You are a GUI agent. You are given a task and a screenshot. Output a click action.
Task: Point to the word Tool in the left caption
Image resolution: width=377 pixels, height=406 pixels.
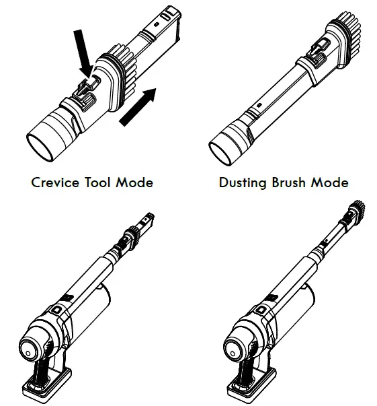pyautogui.click(x=104, y=182)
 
